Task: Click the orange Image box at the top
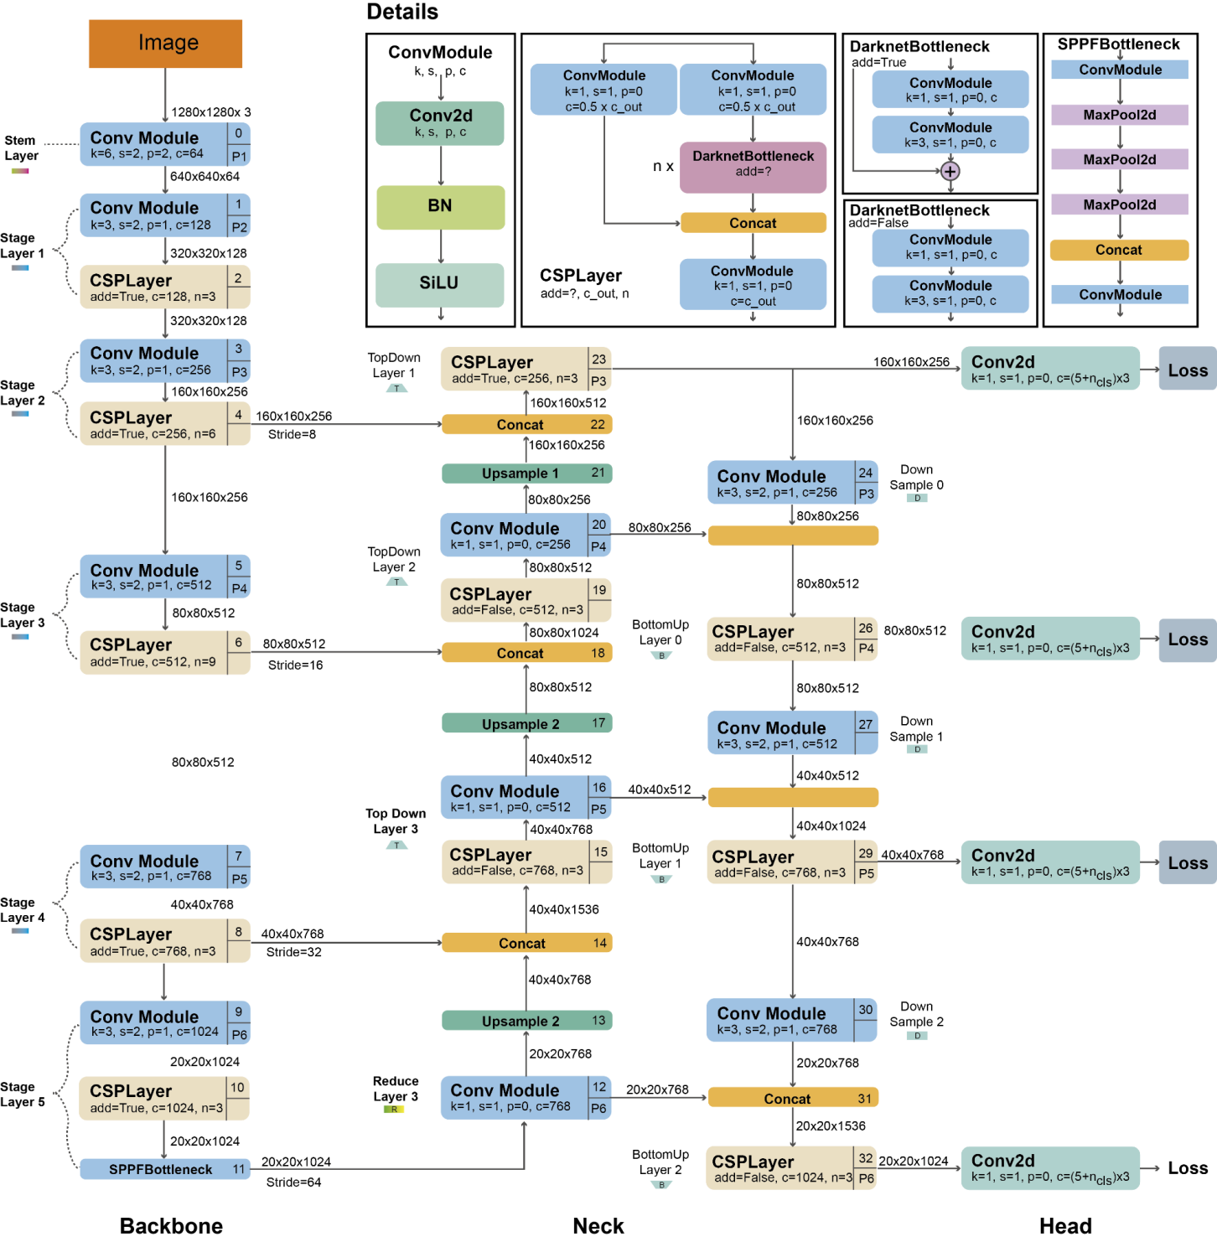click(165, 44)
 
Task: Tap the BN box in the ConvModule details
click(440, 207)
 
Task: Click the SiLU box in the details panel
click(440, 284)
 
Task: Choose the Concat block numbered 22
click(526, 425)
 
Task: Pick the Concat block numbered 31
click(792, 1098)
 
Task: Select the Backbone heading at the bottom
click(171, 1226)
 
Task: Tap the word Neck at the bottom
click(598, 1226)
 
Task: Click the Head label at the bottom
click(1065, 1226)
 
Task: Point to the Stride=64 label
click(293, 1182)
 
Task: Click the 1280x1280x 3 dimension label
click(210, 112)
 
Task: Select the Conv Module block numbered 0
click(165, 144)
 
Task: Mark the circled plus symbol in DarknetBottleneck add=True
click(950, 172)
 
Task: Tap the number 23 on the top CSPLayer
click(598, 360)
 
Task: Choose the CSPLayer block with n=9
click(165, 652)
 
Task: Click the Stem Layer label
click(21, 148)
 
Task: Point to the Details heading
click(402, 13)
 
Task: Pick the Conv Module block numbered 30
click(791, 1020)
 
